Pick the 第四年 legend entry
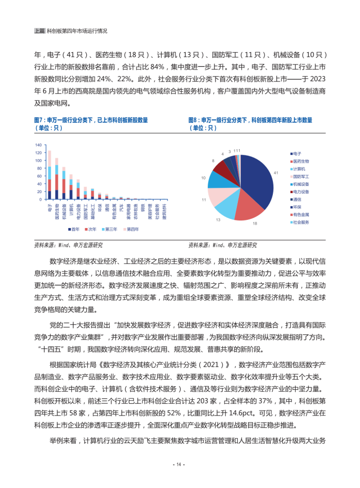[131, 230]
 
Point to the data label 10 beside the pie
[203, 178]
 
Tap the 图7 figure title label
[40, 120]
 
